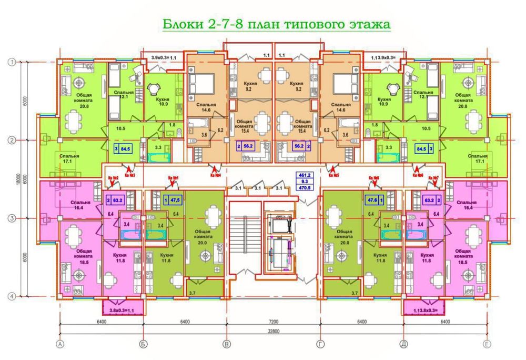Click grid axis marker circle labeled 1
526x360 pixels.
coord(11,62)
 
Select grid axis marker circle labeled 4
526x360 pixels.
coord(11,296)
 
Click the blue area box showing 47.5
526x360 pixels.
coord(169,200)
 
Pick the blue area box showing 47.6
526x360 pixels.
coord(375,200)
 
